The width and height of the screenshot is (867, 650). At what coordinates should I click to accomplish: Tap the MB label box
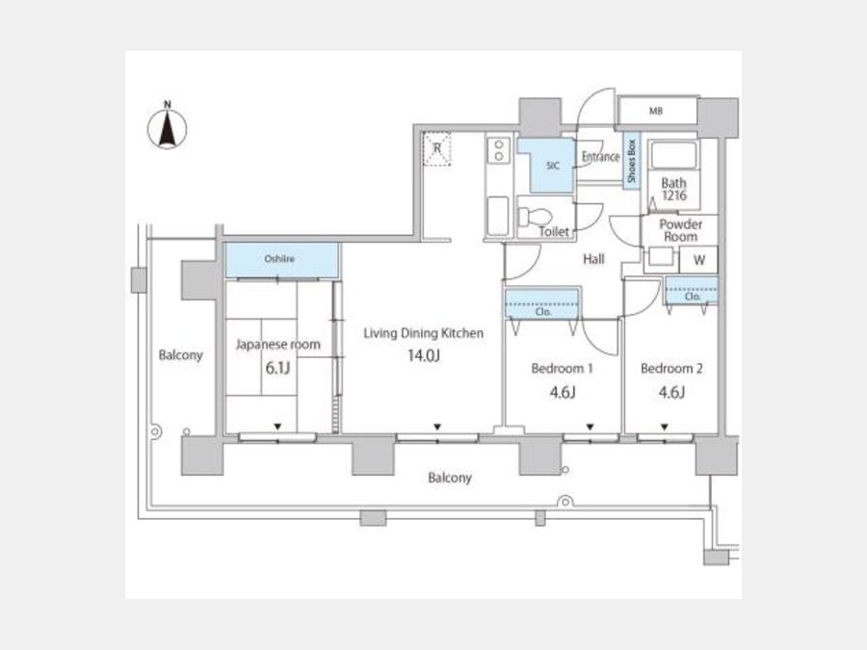657,111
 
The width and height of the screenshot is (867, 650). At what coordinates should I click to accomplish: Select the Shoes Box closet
631,161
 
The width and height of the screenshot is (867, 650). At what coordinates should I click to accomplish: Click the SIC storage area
547,165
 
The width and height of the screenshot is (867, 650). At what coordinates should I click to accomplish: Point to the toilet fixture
534,216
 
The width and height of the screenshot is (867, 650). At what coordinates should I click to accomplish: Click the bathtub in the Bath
673,155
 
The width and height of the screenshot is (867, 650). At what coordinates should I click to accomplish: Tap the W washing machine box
698,260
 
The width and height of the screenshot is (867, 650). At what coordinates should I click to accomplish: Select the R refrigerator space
437,148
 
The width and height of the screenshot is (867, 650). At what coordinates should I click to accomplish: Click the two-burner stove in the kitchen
499,150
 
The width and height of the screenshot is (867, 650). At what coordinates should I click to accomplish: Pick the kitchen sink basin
498,216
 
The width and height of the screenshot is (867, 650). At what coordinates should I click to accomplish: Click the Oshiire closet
281,260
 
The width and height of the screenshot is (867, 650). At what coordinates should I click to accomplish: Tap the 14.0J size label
424,355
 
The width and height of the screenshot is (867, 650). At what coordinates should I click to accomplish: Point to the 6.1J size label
277,368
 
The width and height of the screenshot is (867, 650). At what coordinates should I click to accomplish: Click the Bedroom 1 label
562,368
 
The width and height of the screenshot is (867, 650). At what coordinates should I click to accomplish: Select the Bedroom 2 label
671,368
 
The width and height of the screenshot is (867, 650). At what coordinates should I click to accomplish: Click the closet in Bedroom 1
541,303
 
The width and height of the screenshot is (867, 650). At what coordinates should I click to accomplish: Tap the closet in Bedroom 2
691,291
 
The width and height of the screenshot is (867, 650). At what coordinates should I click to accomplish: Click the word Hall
593,259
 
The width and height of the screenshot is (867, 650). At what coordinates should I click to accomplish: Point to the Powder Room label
681,230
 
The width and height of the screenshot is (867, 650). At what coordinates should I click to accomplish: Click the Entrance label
600,157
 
